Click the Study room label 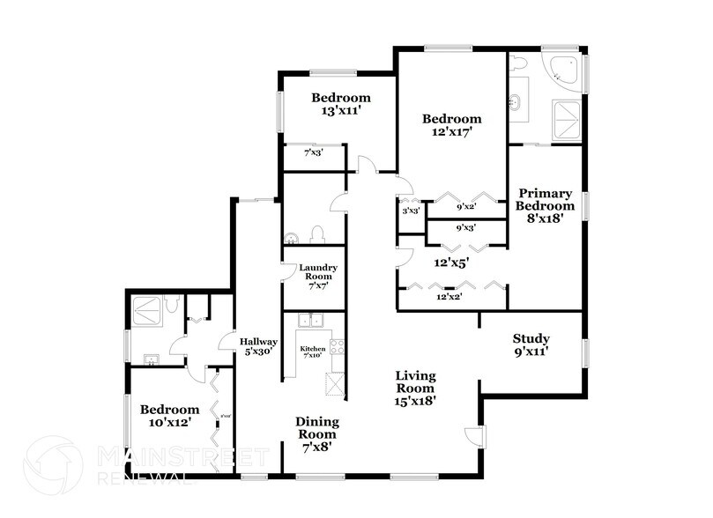tap(531, 345)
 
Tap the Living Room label tap(414, 388)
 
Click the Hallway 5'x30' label tap(260, 345)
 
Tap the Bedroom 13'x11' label tap(342, 104)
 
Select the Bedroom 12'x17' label tap(451, 126)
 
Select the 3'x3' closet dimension tap(410, 211)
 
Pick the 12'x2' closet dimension tap(450, 297)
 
